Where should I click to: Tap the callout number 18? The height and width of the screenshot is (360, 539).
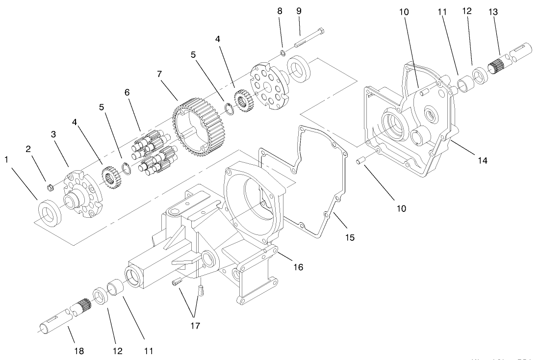[x=79, y=351]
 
